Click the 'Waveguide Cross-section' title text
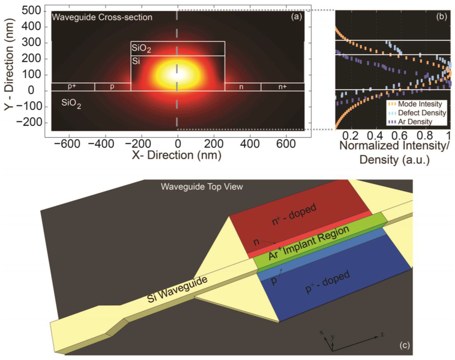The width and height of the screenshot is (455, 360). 102,18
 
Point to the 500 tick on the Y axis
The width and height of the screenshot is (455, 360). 31,11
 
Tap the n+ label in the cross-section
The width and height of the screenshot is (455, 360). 283,87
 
